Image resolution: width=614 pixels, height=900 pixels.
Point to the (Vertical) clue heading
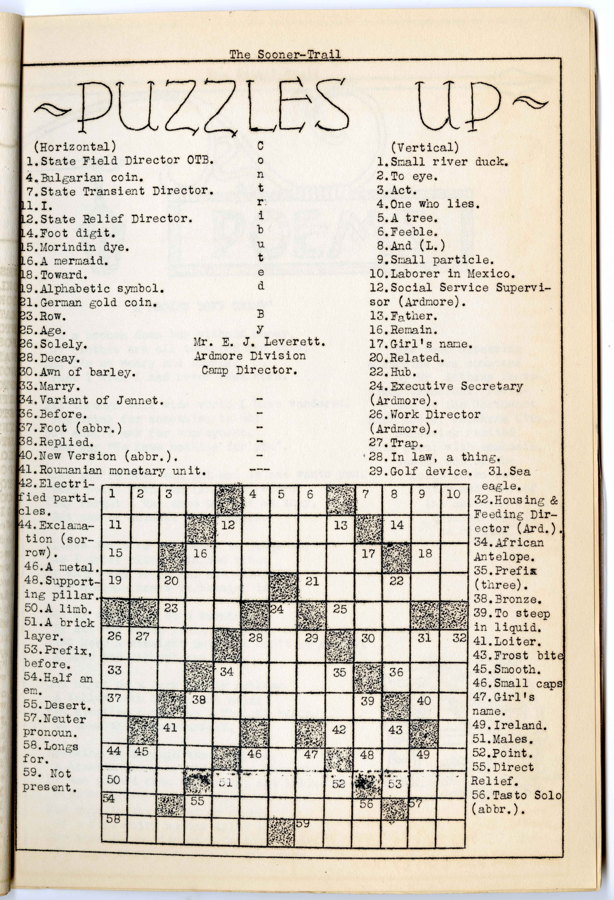(425, 148)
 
